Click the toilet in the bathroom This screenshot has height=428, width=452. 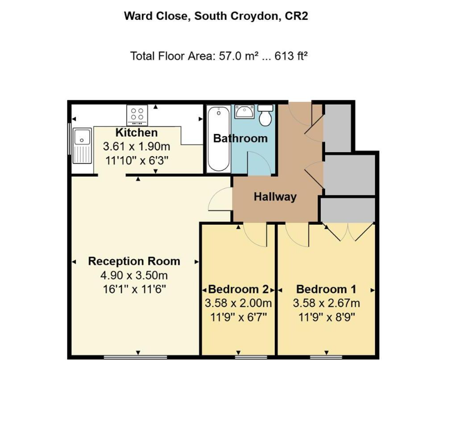pyautogui.click(x=265, y=115)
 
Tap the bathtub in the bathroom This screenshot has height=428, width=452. pyautogui.click(x=219, y=139)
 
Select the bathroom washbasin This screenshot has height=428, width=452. pyautogui.click(x=244, y=111)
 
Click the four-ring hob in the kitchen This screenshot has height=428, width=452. pyautogui.click(x=137, y=115)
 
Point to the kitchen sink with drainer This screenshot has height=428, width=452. pyautogui.click(x=82, y=146)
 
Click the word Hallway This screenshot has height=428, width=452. pyautogui.click(x=275, y=197)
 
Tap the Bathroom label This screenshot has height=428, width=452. pyautogui.click(x=240, y=138)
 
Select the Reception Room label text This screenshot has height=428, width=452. pyautogui.click(x=134, y=261)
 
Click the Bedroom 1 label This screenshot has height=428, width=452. pyautogui.click(x=326, y=289)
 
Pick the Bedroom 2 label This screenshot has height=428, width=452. pyautogui.click(x=238, y=289)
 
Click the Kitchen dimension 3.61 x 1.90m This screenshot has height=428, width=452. pyautogui.click(x=137, y=147)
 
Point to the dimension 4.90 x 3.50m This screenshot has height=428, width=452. pyautogui.click(x=134, y=276)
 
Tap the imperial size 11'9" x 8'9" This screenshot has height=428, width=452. pyautogui.click(x=326, y=317)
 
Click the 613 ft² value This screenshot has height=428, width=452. pyautogui.click(x=291, y=55)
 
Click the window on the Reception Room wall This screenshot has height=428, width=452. pyautogui.click(x=136, y=357)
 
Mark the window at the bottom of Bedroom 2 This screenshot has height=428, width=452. pyautogui.click(x=251, y=357)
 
